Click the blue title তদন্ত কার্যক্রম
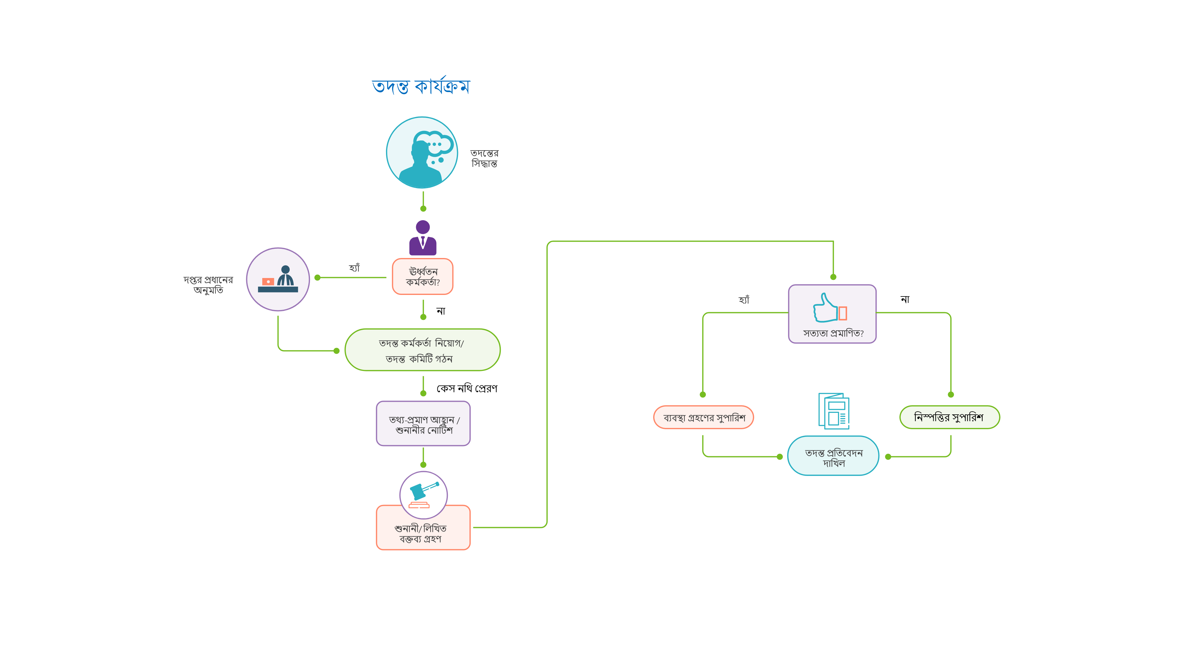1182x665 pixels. point(421,86)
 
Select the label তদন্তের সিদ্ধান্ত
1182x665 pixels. point(484,158)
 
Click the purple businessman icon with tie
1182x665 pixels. point(423,238)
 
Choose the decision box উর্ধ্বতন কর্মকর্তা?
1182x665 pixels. point(423,277)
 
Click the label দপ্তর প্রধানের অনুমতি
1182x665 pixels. point(208,284)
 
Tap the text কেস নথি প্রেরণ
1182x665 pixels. point(467,389)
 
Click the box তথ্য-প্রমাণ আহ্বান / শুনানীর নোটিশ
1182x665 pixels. point(423,424)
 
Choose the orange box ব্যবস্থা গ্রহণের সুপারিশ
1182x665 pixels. point(703,418)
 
